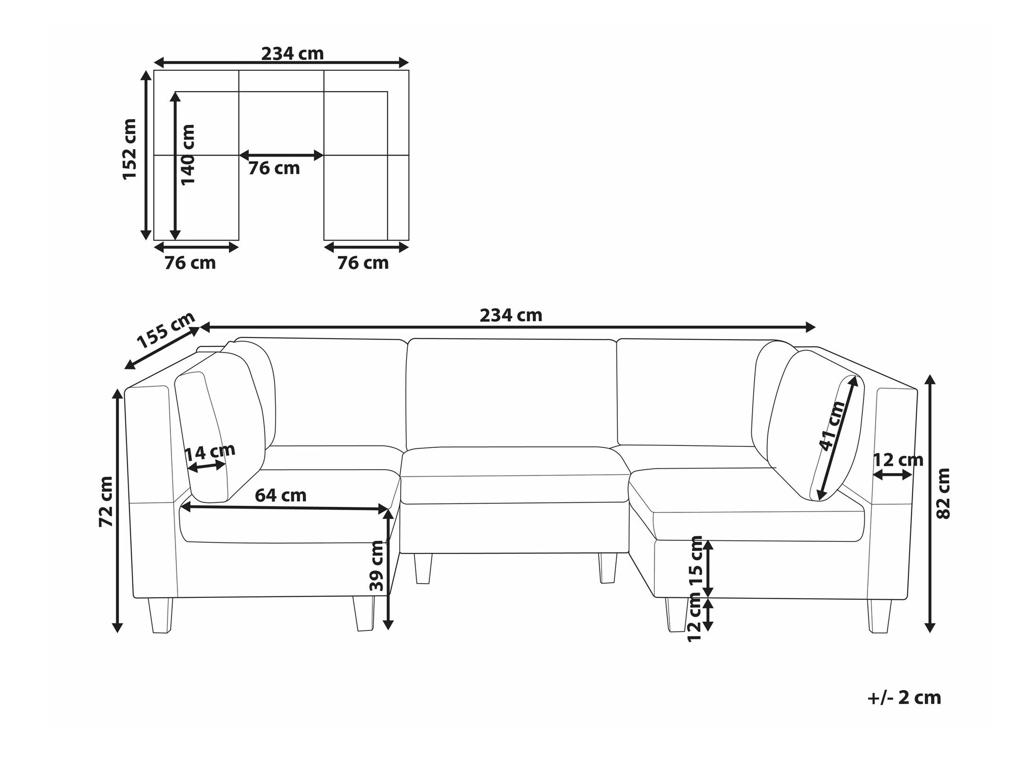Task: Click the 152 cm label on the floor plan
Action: coord(130,149)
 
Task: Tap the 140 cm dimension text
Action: coord(188,155)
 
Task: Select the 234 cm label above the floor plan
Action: coord(292,53)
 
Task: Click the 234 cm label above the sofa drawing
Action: coord(511,315)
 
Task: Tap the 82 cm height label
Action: coord(943,493)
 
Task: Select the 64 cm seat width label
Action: coord(281,495)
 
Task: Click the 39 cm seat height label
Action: coord(377,566)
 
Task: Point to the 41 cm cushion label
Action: coord(832,426)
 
